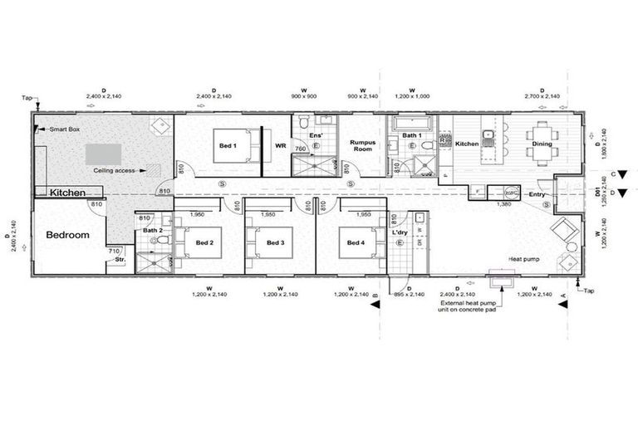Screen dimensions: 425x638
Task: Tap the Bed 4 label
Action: coord(356,242)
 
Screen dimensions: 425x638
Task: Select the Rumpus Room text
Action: coord(363,146)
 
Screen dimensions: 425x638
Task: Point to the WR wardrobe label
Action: coord(280,146)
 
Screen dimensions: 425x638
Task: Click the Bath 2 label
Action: coord(151,230)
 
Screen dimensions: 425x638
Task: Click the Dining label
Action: coord(543,144)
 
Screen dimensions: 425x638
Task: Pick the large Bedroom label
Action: coord(66,235)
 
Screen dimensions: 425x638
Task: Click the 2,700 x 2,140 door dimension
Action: coord(542,97)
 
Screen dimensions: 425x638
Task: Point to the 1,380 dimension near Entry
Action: coord(503,203)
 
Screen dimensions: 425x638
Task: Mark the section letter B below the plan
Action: coord(375,296)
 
